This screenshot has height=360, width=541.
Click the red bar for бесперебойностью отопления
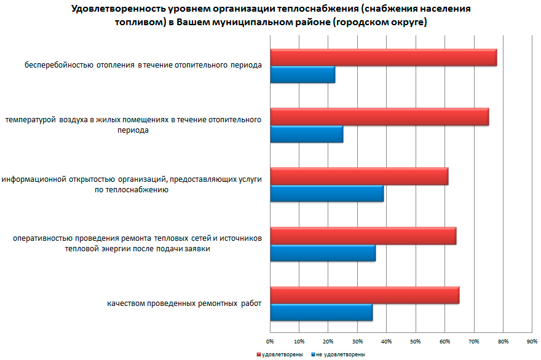(x=383, y=57)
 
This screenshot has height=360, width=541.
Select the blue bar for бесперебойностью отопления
(x=302, y=74)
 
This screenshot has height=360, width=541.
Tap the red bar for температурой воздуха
(x=379, y=117)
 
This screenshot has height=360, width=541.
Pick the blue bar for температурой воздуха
(x=306, y=133)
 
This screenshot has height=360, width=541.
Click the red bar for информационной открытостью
(x=359, y=176)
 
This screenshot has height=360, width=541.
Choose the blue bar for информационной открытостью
(x=326, y=193)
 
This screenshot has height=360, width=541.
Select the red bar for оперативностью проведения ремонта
(x=363, y=236)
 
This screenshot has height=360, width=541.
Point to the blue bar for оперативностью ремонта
(x=323, y=252)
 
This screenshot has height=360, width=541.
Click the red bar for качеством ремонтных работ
(x=365, y=295)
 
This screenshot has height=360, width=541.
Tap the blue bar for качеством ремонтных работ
(x=321, y=312)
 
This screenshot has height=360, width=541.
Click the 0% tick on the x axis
(x=270, y=340)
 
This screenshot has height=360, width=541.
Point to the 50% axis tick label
(x=416, y=340)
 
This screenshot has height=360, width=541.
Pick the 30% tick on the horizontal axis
(x=357, y=340)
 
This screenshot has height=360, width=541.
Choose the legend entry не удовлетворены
(x=339, y=354)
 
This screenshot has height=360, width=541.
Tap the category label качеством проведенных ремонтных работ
(x=184, y=304)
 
